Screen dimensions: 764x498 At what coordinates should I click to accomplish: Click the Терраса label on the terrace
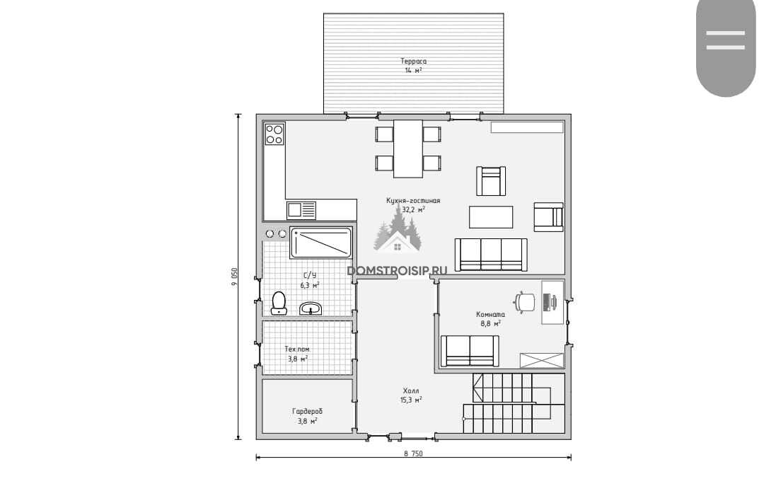pyautogui.click(x=414, y=61)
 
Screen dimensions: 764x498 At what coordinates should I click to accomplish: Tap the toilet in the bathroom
pyautogui.click(x=279, y=303)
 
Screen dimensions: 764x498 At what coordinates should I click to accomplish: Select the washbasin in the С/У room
pyautogui.click(x=311, y=308)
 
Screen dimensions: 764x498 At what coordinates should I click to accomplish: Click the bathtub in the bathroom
pyautogui.click(x=320, y=242)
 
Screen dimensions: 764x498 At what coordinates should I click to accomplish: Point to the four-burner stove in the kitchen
pyautogui.click(x=274, y=134)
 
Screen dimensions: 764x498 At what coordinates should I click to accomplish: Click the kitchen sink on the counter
pyautogui.click(x=301, y=211)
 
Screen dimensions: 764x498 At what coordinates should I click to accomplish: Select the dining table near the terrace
pyautogui.click(x=408, y=149)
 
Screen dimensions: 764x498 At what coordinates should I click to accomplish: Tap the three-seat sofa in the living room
pyautogui.click(x=491, y=255)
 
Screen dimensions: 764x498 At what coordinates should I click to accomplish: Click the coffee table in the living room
pyautogui.click(x=491, y=217)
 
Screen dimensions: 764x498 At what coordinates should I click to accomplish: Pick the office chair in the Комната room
pyautogui.click(x=525, y=301)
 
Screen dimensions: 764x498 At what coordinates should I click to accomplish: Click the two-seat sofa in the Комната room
pyautogui.click(x=470, y=350)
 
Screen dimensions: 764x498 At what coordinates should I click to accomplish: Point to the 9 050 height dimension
pyautogui.click(x=234, y=277)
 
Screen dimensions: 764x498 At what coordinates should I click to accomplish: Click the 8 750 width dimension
pyautogui.click(x=413, y=453)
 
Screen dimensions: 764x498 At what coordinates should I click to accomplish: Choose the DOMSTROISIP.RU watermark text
pyautogui.click(x=397, y=271)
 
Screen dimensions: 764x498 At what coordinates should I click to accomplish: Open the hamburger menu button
pyautogui.click(x=726, y=40)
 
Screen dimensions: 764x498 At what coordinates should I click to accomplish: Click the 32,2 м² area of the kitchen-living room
pyautogui.click(x=413, y=209)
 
